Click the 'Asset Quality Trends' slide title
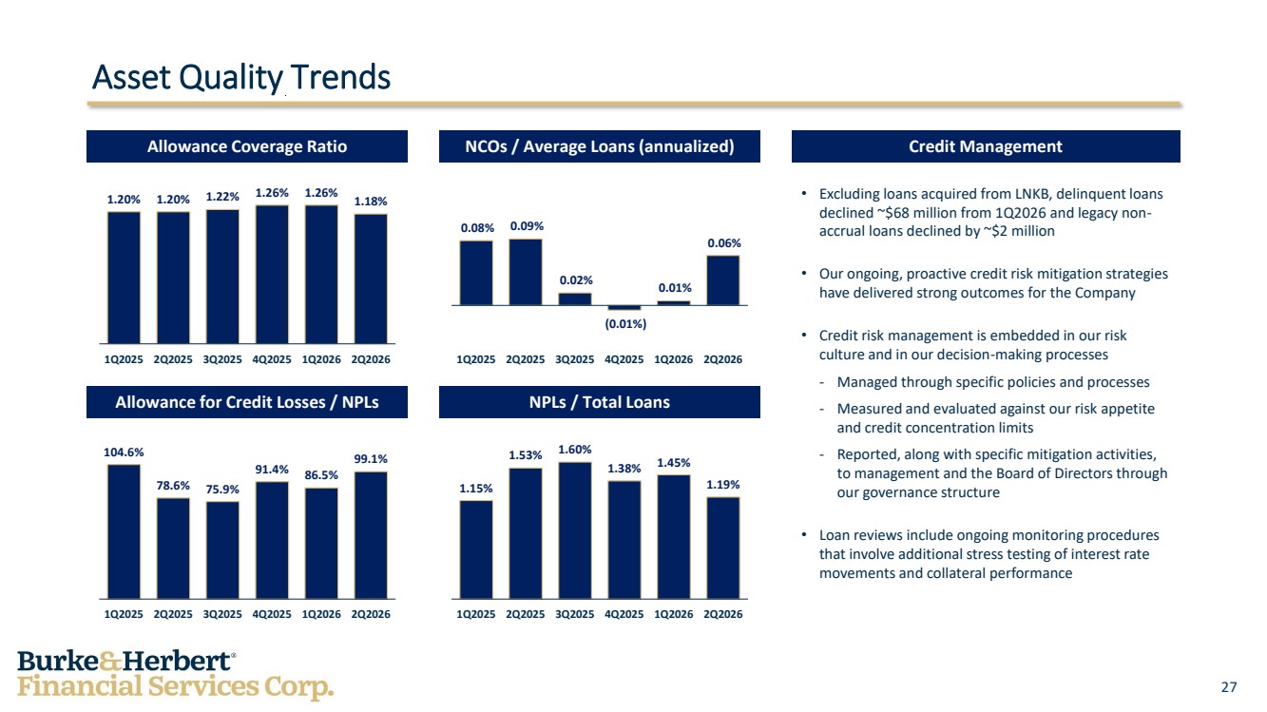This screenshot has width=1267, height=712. point(241,78)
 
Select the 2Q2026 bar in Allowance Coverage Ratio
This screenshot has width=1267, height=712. point(371,279)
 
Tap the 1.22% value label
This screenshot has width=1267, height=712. point(222,197)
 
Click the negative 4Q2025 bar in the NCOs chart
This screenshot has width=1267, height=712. point(624,308)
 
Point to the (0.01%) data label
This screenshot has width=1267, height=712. point(625,324)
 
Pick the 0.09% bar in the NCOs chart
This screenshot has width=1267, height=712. point(526,272)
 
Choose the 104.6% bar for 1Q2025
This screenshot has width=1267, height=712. point(124,531)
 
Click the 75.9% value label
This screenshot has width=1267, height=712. point(222,490)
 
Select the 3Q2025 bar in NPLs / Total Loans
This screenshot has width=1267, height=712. point(575,530)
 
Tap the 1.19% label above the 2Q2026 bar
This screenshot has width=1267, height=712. point(723,485)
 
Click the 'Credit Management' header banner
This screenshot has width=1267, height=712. point(986,146)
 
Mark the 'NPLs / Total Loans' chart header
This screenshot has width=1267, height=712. point(600,402)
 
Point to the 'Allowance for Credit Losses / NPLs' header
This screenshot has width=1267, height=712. point(247,402)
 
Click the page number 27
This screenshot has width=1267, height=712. point(1229,687)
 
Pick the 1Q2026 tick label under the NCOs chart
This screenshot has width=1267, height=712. point(674,359)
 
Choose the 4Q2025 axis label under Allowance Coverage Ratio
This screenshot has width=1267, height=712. point(272,359)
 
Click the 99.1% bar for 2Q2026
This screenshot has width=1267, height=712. point(371,535)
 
